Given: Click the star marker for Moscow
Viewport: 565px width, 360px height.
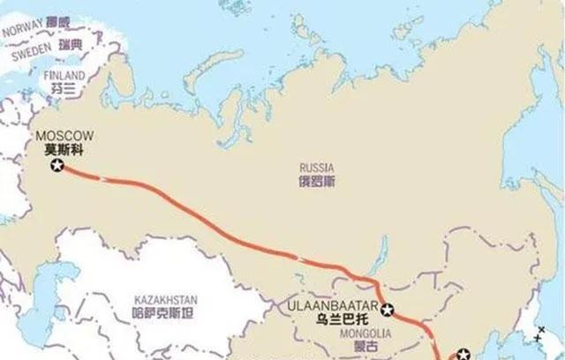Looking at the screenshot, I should [x=57, y=166].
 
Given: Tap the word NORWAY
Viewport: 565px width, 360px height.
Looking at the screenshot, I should [x=24, y=30].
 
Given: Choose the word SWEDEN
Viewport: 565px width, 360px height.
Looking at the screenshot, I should [x=34, y=53].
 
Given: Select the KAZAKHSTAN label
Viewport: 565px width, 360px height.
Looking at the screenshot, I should [x=164, y=299].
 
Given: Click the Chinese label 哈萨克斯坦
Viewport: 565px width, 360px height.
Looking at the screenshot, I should [x=164, y=313].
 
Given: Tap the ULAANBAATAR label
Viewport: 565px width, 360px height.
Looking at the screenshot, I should [x=332, y=306].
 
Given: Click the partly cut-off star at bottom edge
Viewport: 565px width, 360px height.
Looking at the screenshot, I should [x=463, y=354].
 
